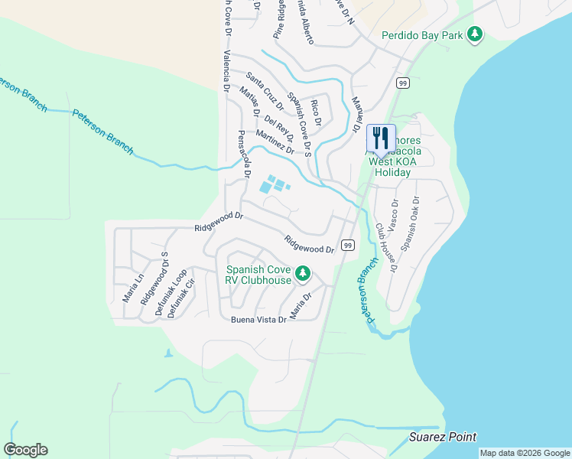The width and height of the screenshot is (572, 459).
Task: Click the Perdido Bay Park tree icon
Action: [476, 34]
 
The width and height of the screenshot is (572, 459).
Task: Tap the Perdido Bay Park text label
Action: [424, 35]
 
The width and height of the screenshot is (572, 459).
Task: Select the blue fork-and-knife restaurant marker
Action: [381, 138]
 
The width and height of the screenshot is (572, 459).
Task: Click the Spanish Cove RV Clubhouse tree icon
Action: [303, 273]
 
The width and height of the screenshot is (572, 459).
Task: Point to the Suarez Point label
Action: [443, 438]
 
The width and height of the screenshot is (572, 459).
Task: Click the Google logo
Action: [25, 450]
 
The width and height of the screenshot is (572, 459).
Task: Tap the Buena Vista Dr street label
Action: [258, 320]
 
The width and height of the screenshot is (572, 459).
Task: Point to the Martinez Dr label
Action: [275, 142]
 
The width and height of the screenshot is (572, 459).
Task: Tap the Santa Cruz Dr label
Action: [265, 90]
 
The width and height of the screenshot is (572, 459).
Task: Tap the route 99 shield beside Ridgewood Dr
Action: [347, 245]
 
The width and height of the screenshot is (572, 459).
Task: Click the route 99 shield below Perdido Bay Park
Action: [401, 82]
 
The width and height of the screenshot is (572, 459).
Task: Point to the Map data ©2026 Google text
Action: [525, 453]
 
